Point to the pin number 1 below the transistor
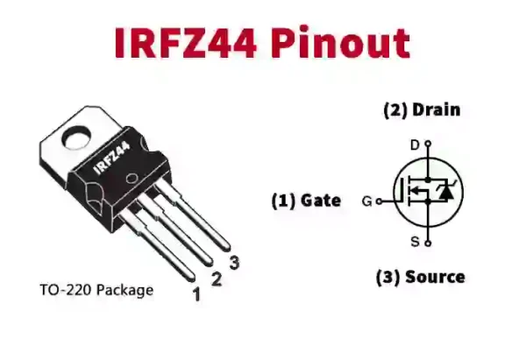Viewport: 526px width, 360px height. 196,295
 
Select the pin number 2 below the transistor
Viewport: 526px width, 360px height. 216,279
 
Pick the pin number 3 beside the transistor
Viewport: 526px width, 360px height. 233,263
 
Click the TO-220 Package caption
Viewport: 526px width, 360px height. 96,289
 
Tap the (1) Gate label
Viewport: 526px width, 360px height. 305,201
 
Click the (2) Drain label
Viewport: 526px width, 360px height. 421,110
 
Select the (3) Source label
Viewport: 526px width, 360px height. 420,277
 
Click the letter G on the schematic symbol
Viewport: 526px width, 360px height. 366,201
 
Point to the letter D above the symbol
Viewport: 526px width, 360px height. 415,144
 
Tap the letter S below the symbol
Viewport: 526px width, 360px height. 415,241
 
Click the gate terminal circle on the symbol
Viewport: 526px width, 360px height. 379,201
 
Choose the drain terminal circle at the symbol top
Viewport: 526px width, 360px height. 427,145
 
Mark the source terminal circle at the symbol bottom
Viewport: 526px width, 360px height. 427,241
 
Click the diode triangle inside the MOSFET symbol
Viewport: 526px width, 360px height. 444,191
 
